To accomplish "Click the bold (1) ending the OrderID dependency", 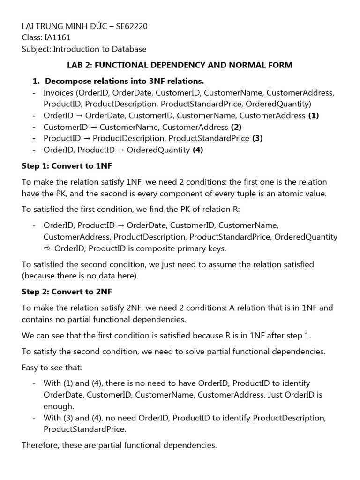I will click(314, 115).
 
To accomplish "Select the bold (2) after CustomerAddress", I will click(236, 127).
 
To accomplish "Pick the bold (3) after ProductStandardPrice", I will click(257, 138).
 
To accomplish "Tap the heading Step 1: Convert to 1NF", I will click(67, 166).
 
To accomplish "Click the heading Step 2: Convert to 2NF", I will click(67, 292).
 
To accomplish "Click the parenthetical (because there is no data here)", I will click(80, 276).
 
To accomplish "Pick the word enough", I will click(59, 406).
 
